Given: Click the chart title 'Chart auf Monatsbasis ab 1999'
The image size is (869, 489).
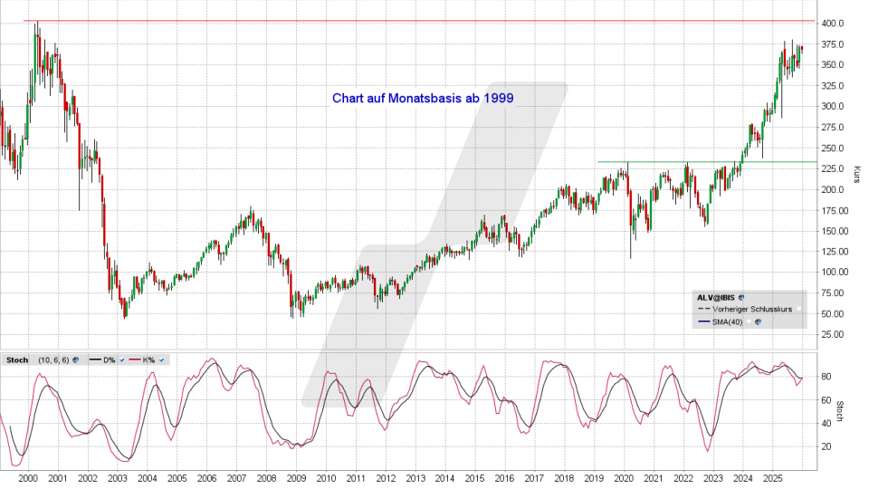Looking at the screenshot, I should coord(423,98).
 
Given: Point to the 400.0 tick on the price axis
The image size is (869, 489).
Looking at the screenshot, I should coord(834,24).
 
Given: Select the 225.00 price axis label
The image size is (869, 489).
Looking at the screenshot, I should coord(834,169).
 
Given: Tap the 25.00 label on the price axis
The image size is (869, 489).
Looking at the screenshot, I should coord(834,335).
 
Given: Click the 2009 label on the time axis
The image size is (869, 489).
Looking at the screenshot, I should coord(295,477).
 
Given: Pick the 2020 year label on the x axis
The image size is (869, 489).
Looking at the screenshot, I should coord(624,477).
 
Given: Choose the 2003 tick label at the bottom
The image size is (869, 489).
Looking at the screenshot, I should coord(117,477).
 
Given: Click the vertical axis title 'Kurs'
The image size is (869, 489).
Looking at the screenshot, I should coord(856,175).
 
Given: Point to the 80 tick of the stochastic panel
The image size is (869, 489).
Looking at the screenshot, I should coord(826,376).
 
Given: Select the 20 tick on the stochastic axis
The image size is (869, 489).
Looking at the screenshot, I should coord(826,446).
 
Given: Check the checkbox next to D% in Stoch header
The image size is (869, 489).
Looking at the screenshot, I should coord(120,360).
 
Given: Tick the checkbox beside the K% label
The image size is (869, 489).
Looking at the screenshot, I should coord(161,360).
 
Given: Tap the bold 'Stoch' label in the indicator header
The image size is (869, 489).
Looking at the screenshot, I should coord(17,360).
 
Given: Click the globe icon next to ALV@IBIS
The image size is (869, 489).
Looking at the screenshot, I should coord(741,296).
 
